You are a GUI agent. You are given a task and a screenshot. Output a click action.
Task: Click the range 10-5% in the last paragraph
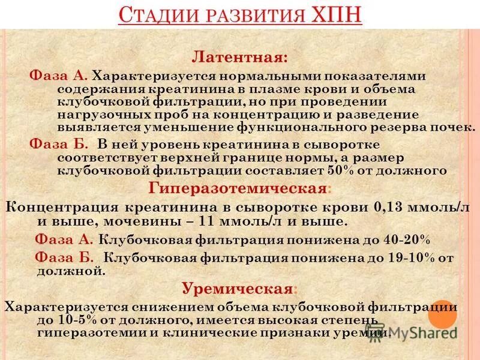point(89,319)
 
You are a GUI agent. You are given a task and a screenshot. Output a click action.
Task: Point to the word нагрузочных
point(99,115)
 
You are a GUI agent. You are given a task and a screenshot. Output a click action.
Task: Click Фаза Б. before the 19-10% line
point(64,257)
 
